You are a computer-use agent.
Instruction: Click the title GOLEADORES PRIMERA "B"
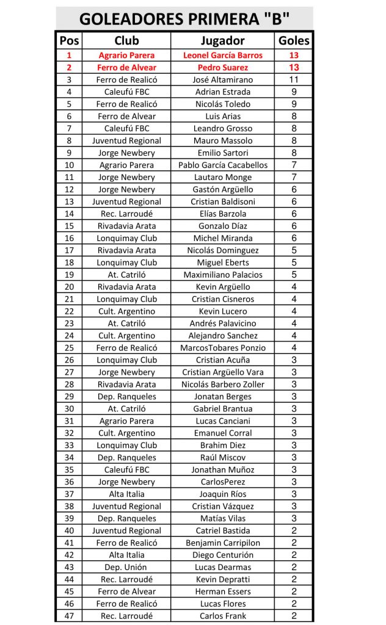tap(184, 18)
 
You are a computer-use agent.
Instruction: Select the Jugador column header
tap(222, 41)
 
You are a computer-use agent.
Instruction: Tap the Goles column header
tap(294, 41)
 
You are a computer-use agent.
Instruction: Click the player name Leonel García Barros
tap(222, 55)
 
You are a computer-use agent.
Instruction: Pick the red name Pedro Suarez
tap(222, 67)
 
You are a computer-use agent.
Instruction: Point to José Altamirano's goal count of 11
tap(294, 79)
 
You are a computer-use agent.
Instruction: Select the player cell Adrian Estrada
tap(222, 92)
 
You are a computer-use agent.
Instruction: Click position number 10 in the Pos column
tap(69, 165)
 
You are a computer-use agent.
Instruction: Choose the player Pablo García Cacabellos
tap(222, 165)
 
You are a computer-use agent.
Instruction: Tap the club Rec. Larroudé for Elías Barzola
tap(126, 214)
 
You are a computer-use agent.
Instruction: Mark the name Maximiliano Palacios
tap(222, 275)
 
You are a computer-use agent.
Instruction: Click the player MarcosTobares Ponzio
tap(222, 348)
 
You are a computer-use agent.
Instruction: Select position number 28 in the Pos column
tap(69, 385)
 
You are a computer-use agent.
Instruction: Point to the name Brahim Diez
tap(222, 446)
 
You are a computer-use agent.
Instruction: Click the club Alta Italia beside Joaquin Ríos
tap(126, 494)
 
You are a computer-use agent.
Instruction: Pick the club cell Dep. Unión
tap(126, 568)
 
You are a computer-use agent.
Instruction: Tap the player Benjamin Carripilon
tap(222, 543)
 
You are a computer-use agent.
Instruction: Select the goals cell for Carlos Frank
tap(294, 616)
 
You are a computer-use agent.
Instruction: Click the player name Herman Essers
tap(222, 591)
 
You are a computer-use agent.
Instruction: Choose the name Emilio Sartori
tap(222, 153)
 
